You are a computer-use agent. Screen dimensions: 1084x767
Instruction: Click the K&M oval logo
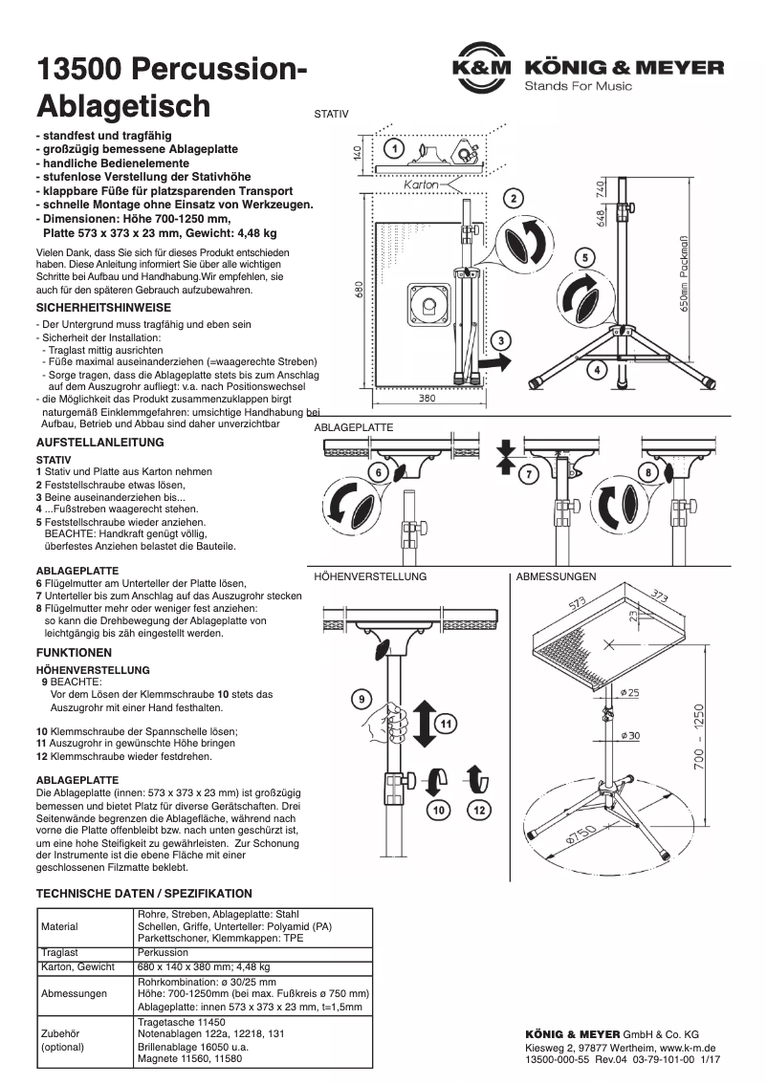pyautogui.click(x=483, y=68)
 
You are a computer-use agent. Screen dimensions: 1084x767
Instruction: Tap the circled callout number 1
pyautogui.click(x=395, y=148)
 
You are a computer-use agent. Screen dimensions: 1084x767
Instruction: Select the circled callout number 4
pyautogui.click(x=597, y=368)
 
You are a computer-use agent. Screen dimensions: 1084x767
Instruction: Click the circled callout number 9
pyautogui.click(x=362, y=699)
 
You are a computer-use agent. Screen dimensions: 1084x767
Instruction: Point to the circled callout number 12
pyautogui.click(x=479, y=811)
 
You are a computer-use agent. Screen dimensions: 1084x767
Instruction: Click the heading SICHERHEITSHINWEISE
pyautogui.click(x=103, y=308)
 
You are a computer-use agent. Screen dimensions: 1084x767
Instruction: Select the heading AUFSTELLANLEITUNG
pyautogui.click(x=99, y=443)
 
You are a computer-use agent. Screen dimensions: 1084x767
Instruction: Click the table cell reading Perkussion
pyautogui.click(x=163, y=952)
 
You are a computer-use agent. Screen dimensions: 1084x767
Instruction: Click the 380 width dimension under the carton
pyautogui.click(x=427, y=398)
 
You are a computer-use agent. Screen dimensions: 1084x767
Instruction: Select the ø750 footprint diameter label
pyautogui.click(x=581, y=838)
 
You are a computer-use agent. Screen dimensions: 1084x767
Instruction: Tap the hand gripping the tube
pyautogui.click(x=391, y=712)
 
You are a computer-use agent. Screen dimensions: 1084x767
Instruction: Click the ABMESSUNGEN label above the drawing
pyautogui.click(x=556, y=576)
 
